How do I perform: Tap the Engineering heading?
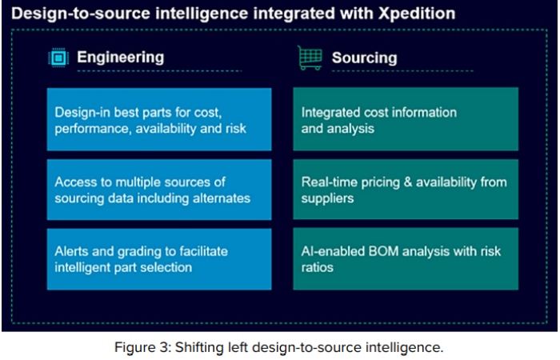[x=120, y=57]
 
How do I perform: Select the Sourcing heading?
[x=364, y=58]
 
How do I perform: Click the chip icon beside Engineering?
[x=58, y=57]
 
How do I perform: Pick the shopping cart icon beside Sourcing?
[x=309, y=57]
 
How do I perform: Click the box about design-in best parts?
[x=158, y=119]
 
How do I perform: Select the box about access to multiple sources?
[x=158, y=190]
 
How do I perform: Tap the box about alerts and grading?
[x=158, y=259]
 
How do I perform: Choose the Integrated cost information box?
[x=405, y=119]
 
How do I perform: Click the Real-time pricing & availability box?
[x=405, y=190]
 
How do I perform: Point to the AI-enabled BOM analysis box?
[x=405, y=259]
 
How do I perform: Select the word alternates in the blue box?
[x=221, y=198]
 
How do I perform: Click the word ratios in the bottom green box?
[x=318, y=267]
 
